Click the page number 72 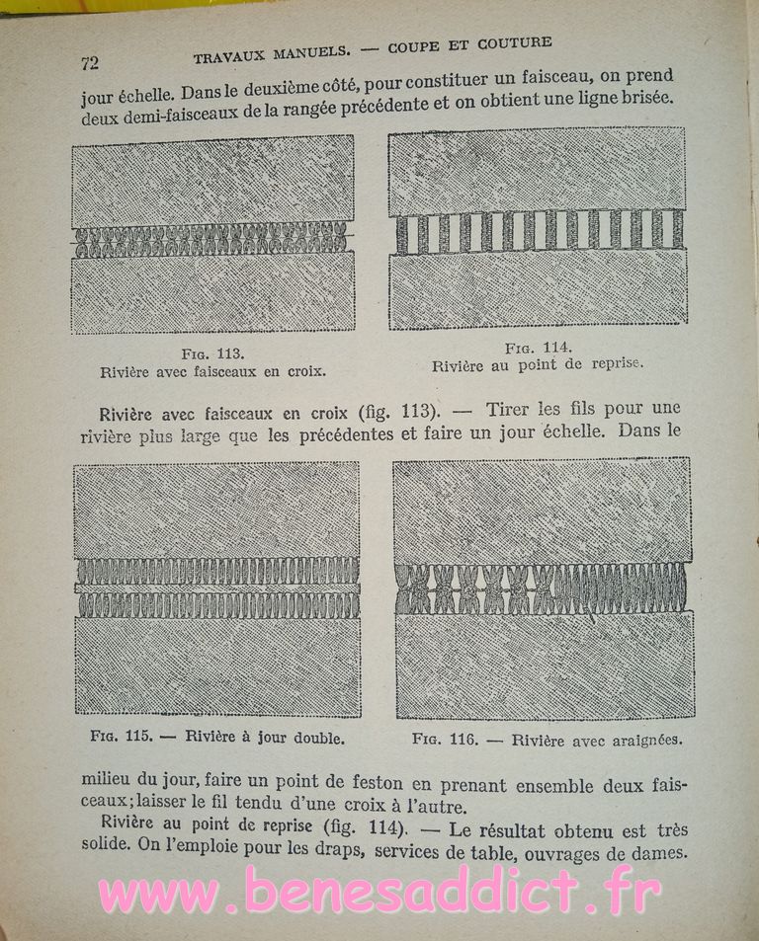(89, 62)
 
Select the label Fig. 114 (538, 347)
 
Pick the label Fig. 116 (448, 738)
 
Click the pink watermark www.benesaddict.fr (379, 892)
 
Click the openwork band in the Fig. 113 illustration (211, 238)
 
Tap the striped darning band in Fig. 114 (540, 230)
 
